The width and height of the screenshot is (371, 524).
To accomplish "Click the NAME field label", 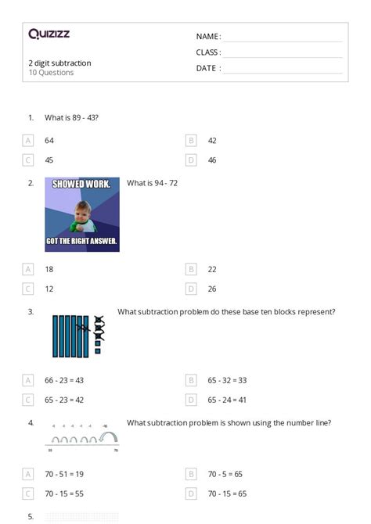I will point(207,37).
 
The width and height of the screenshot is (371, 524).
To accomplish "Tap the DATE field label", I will point(207,68).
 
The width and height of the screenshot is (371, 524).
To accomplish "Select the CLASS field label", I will point(208,52).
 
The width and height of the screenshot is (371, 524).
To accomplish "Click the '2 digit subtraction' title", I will point(59,63).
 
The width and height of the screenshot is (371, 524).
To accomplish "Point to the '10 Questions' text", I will point(51,73).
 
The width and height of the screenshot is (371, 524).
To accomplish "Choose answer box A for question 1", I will point(29,140).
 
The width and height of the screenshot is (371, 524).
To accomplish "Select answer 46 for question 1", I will point(212,160).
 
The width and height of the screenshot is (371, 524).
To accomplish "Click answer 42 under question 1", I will point(212,140).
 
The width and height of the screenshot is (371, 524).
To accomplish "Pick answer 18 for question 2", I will point(49,269).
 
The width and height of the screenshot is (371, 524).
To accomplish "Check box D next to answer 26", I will point(191,289).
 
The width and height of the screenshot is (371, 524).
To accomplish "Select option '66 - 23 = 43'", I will point(64,380).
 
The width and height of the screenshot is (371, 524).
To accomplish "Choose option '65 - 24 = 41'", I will point(227,400).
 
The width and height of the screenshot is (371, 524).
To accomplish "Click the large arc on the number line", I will point(108,438).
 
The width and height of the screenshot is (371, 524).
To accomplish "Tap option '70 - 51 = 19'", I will point(64,474).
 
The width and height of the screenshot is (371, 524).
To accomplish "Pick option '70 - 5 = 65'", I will point(225,474).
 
